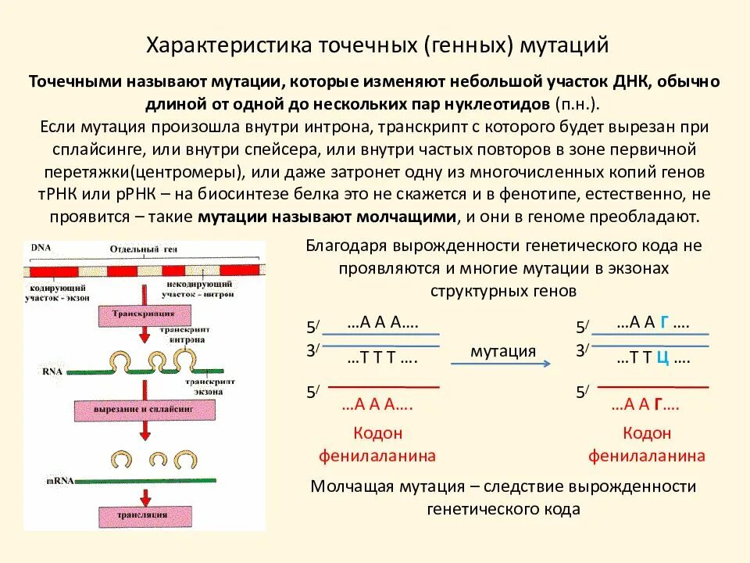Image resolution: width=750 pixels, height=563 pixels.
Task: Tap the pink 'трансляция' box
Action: pos(142,515)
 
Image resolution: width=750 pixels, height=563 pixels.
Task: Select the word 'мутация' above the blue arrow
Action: pos(503,351)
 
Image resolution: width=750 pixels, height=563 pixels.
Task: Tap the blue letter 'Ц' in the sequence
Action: pos(661,359)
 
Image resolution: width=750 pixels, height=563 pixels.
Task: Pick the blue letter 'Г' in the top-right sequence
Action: pos(664,322)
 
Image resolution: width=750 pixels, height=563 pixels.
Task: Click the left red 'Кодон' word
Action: pos(377,433)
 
